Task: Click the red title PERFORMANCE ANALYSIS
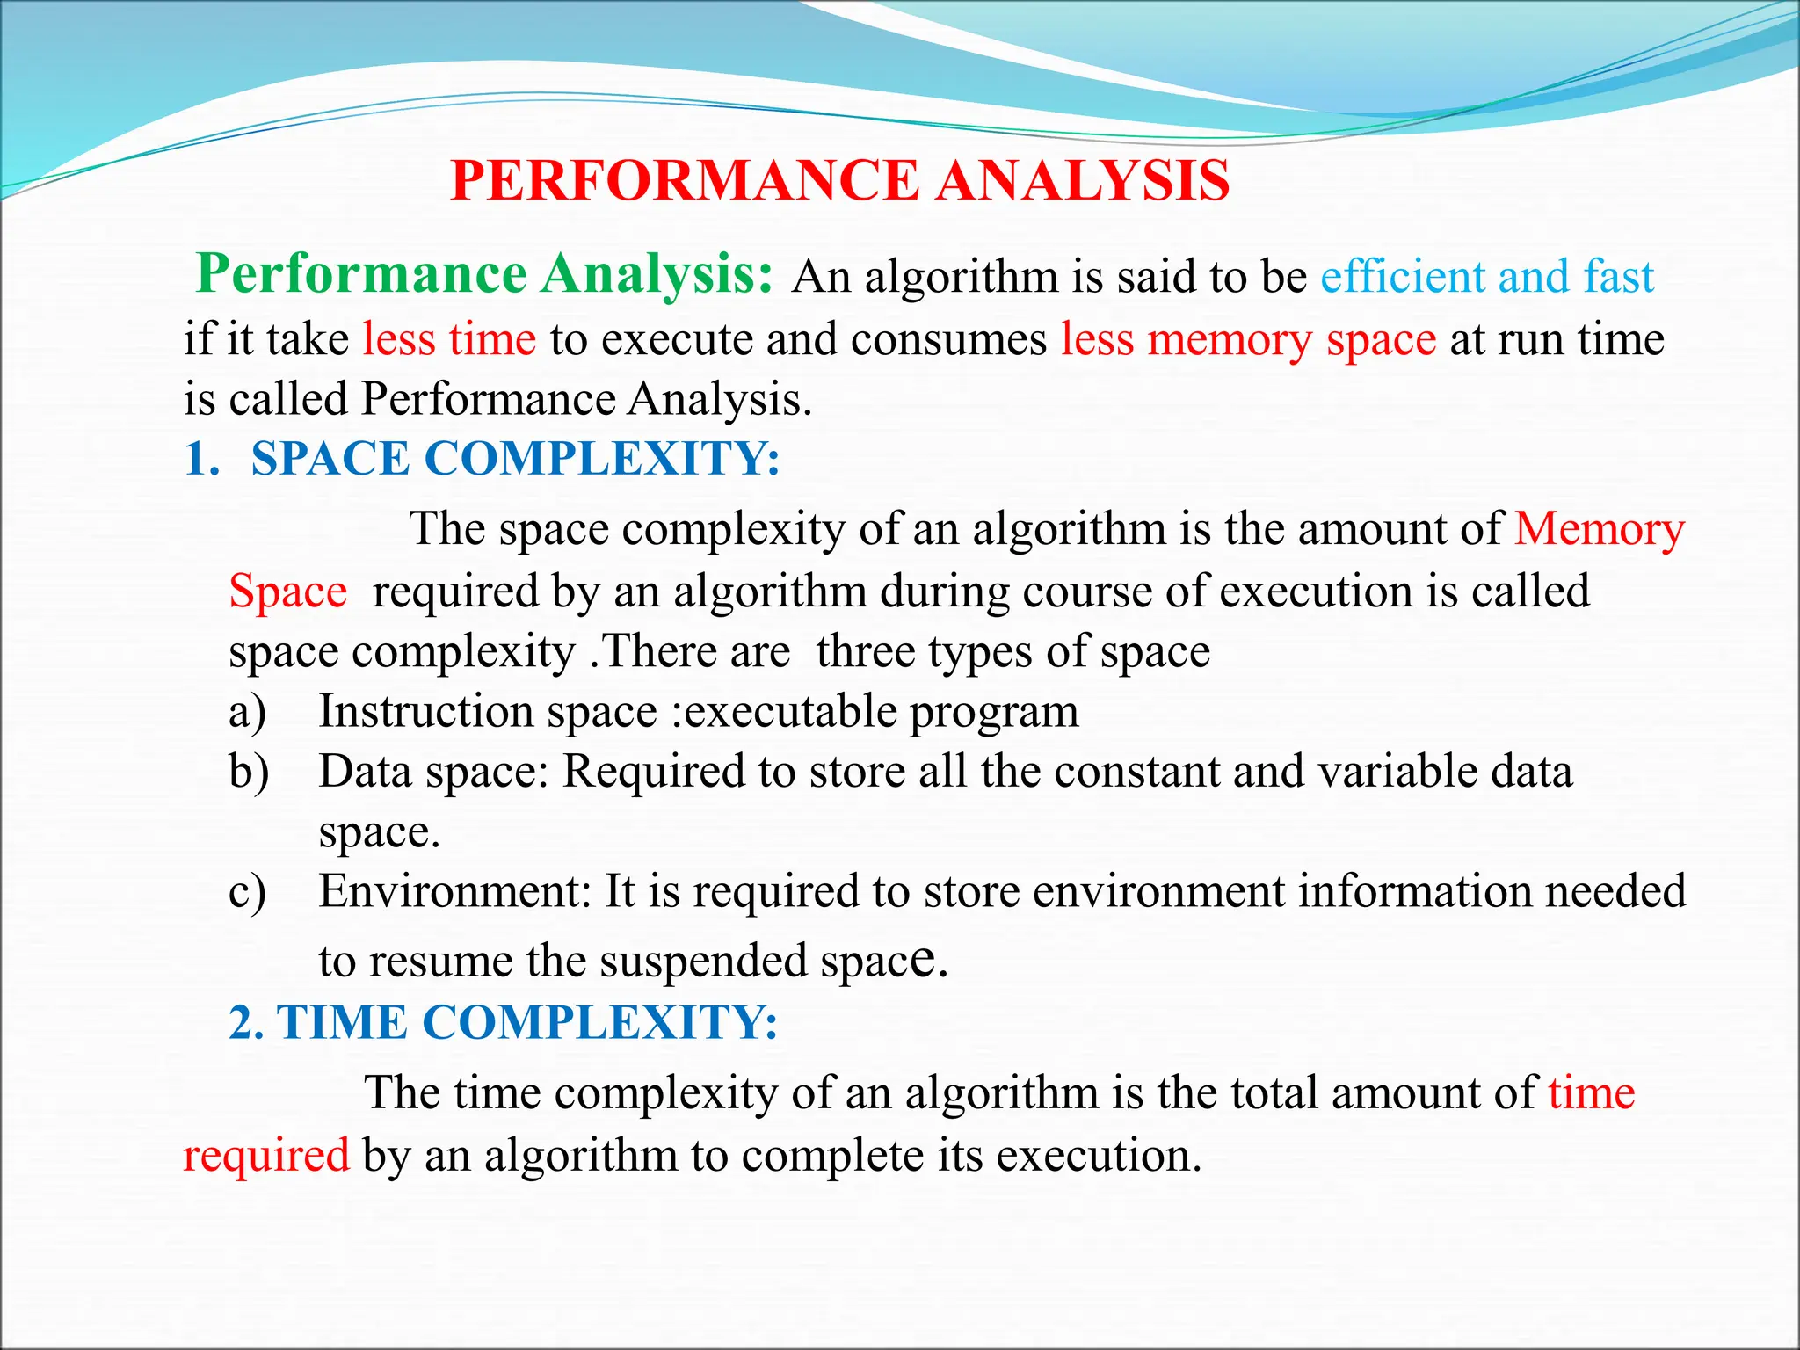(839, 181)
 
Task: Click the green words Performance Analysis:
(484, 274)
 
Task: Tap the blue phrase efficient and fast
(1487, 277)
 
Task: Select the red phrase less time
(449, 339)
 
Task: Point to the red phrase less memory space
(1248, 339)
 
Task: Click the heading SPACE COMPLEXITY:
(515, 459)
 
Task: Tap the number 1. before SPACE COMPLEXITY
(202, 459)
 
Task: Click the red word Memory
(1600, 530)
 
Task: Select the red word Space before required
(287, 592)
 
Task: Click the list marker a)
(247, 712)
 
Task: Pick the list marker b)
(249, 772)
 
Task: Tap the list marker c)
(247, 892)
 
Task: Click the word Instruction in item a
(426, 712)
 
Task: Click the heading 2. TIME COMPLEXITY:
(504, 1023)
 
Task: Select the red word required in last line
(266, 1155)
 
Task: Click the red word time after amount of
(1591, 1094)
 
